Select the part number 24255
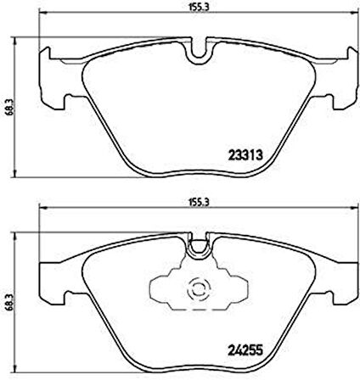(x=247, y=345)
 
